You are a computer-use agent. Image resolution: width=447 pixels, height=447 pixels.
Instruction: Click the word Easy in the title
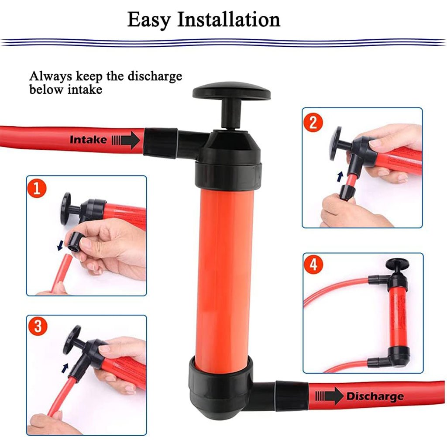point(149,20)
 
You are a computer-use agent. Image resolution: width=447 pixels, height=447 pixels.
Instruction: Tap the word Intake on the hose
point(88,140)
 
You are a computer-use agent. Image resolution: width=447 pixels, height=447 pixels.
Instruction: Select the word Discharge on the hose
point(375,396)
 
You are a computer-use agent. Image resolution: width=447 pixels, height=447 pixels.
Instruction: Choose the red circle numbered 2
point(313,122)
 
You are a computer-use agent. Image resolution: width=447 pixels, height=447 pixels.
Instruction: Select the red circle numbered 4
point(313,264)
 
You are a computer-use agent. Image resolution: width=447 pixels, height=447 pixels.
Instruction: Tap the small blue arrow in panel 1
point(60,245)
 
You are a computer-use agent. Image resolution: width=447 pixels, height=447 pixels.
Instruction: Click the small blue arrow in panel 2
point(340,176)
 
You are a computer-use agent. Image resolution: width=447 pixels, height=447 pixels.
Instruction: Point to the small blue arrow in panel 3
point(65,368)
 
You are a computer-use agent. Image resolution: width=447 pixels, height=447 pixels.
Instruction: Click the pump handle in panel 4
point(397,264)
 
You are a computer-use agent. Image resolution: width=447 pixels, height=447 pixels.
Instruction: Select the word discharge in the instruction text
point(155,77)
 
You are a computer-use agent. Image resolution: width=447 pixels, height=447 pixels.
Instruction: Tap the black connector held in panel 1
point(74,241)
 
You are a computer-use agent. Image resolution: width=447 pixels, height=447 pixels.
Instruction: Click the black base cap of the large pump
point(220,388)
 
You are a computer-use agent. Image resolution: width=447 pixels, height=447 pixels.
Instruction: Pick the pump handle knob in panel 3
point(72,340)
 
